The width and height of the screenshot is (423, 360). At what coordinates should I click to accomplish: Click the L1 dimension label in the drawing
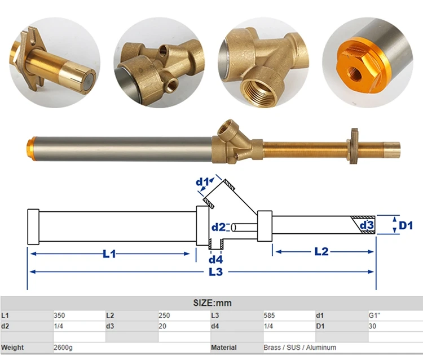coord(109,254)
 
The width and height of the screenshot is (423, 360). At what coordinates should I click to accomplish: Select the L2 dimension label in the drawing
coord(321,252)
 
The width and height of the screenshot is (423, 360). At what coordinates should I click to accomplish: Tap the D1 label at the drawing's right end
coord(406,225)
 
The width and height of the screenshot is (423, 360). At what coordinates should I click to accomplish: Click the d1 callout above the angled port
coord(202,182)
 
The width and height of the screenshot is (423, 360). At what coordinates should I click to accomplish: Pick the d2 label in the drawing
coord(219,227)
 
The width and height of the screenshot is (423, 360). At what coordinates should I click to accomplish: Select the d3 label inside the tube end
coord(367,225)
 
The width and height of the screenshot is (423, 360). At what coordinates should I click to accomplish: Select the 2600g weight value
coord(63,348)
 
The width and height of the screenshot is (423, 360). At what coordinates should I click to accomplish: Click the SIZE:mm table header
coord(211,303)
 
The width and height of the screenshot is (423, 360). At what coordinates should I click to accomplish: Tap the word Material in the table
coord(223,348)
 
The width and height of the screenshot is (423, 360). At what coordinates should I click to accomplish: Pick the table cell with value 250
coord(165,315)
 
